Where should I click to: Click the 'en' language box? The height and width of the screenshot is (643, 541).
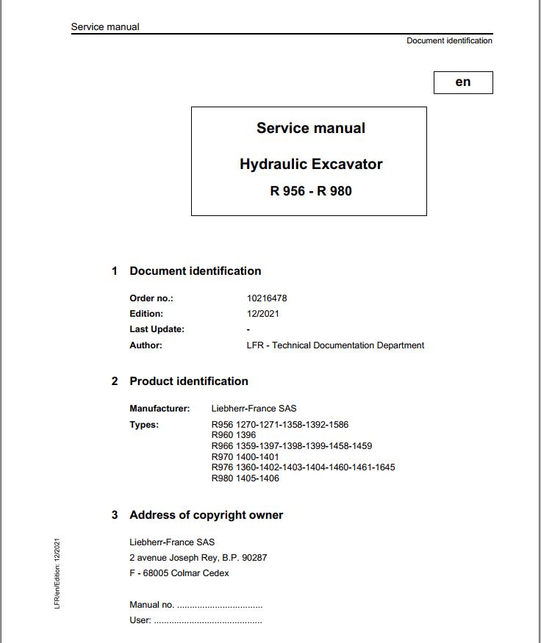463,82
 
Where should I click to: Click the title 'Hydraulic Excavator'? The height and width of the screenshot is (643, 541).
311,164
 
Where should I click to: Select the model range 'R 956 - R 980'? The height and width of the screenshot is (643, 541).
311,192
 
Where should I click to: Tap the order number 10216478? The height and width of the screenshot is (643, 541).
267,298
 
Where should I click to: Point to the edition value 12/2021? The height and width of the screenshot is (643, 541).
263,314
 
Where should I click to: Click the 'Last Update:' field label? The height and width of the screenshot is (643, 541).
157,329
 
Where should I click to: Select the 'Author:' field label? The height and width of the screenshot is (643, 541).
146,345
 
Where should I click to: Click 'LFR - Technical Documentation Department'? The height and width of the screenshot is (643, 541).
335,345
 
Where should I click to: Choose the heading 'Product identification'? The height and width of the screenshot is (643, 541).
189,381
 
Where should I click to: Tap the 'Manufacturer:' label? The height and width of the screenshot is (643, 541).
160,408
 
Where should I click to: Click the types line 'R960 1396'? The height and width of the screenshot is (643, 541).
233,435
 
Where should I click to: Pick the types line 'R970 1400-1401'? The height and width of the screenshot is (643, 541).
245,456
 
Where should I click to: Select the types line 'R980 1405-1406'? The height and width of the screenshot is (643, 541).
245,478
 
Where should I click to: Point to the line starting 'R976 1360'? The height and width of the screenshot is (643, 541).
303,467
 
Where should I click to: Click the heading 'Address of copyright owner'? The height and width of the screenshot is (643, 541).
206,514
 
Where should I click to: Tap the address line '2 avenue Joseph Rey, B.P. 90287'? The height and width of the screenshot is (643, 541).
198,557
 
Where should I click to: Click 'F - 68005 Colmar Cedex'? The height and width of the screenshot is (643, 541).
179,572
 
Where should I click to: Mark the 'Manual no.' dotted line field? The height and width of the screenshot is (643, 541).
219,605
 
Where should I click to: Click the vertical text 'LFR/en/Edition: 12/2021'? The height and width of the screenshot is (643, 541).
57,574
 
